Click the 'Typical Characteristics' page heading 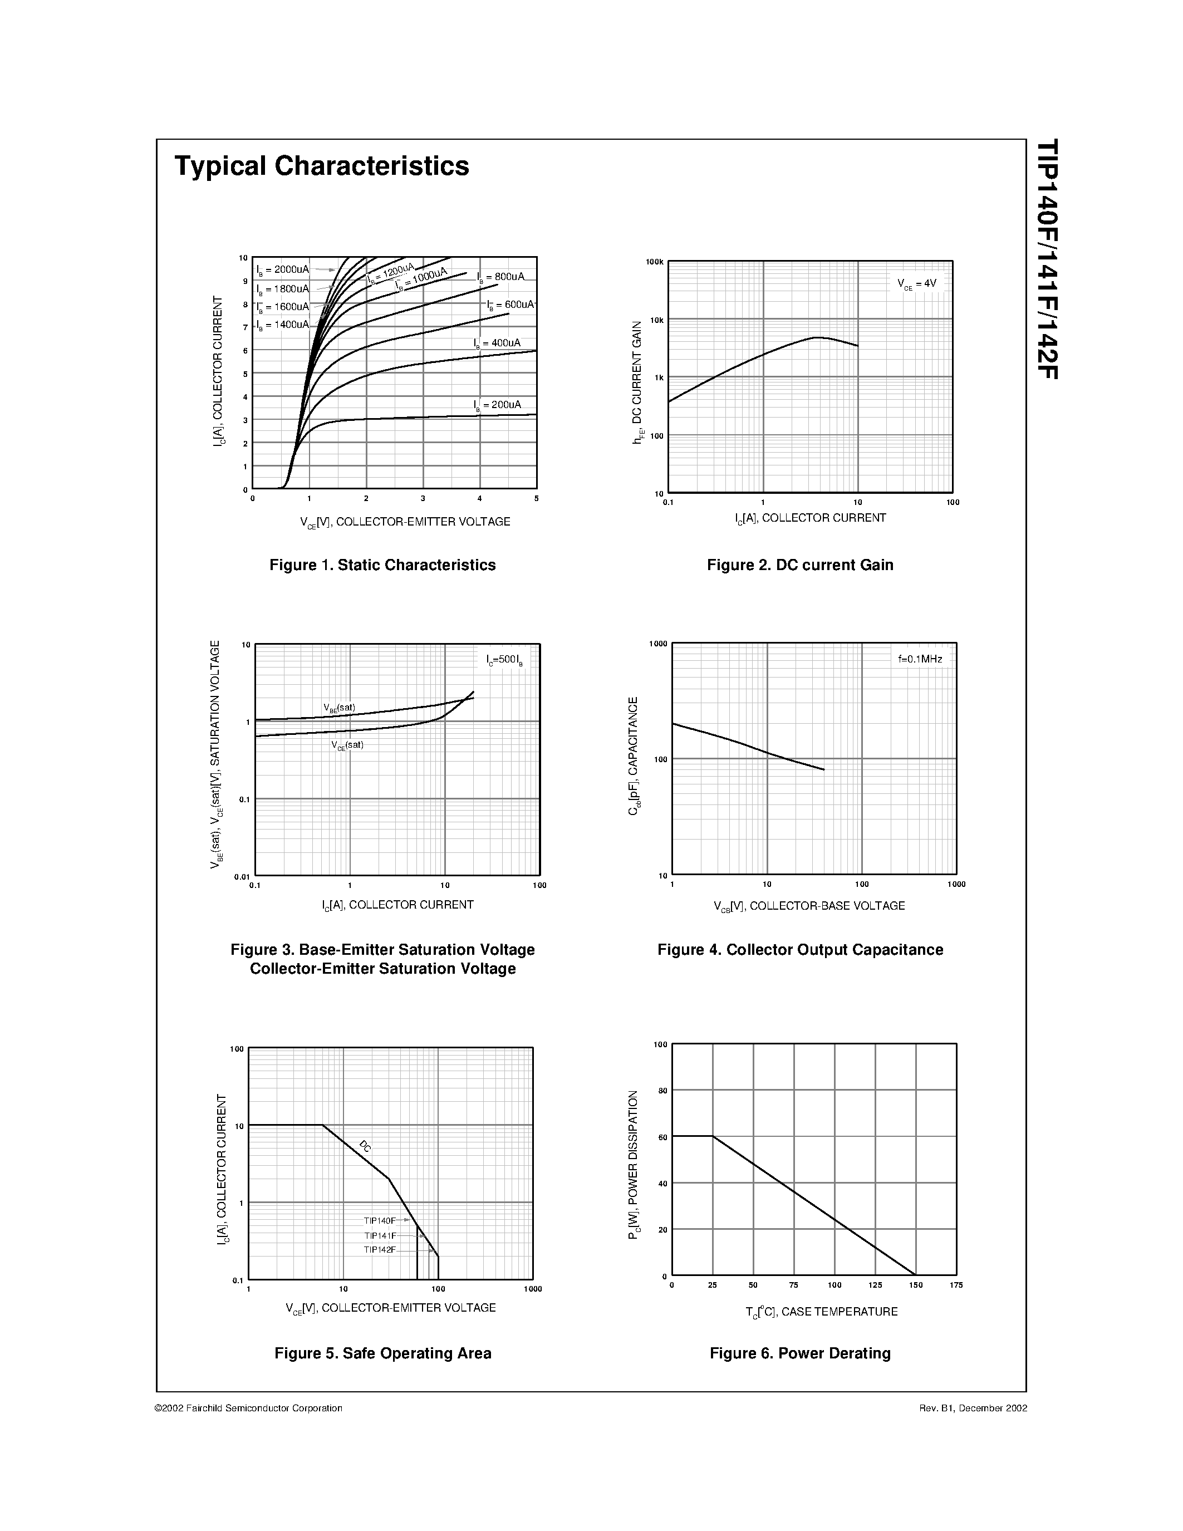coord(322,166)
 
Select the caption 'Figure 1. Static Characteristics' coord(382,565)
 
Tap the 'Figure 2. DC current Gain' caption coord(799,565)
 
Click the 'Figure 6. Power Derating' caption coord(799,1353)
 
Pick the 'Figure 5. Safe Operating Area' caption coord(382,1353)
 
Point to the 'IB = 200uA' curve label coord(497,405)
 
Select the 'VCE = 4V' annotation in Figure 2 coord(917,284)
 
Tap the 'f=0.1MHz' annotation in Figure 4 coord(920,659)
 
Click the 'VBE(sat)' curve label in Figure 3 coord(339,708)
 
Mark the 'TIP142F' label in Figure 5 coord(380,1250)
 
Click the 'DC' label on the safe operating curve coord(365,1147)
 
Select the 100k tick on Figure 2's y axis coord(655,262)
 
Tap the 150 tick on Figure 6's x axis coord(915,1285)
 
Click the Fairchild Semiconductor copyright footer coord(249,1409)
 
